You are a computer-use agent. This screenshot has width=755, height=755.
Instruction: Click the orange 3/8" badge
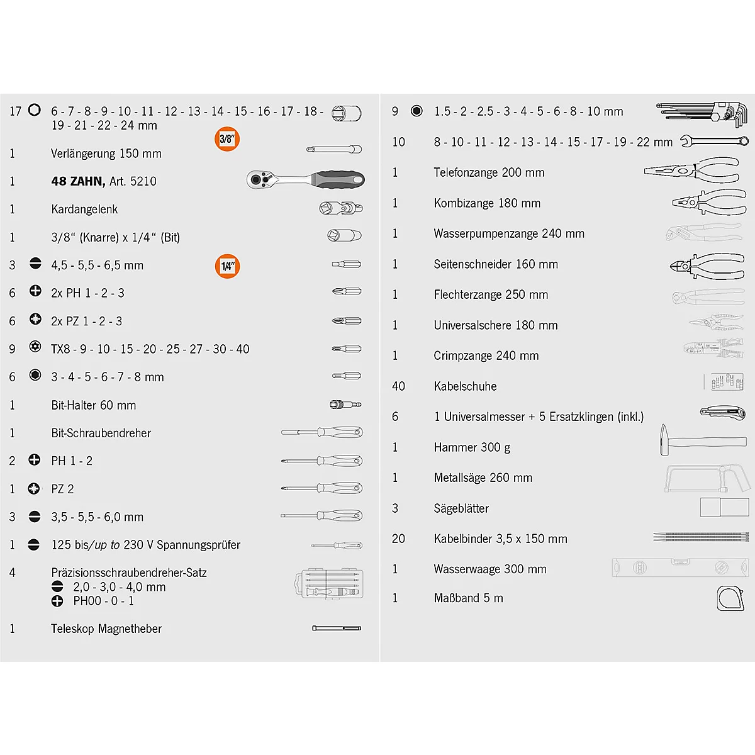[226, 140]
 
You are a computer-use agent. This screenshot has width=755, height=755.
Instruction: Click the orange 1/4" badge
[227, 266]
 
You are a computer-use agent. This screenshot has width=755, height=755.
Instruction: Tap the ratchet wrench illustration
[305, 180]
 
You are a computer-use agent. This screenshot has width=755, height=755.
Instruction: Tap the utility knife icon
[722, 413]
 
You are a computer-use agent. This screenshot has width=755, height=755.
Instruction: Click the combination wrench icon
[714, 142]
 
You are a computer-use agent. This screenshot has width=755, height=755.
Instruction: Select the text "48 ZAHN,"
[78, 181]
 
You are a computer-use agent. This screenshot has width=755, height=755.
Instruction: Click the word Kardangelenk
[84, 210]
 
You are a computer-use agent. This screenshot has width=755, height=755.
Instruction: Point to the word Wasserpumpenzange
[486, 233]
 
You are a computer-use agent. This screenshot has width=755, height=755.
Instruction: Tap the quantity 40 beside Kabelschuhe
[398, 386]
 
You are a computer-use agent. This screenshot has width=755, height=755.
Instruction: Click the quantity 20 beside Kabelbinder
[398, 539]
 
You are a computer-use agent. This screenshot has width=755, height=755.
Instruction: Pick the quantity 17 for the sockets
[16, 111]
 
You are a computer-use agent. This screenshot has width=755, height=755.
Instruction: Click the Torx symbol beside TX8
[35, 347]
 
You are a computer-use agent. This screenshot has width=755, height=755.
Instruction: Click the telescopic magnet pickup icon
[337, 628]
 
